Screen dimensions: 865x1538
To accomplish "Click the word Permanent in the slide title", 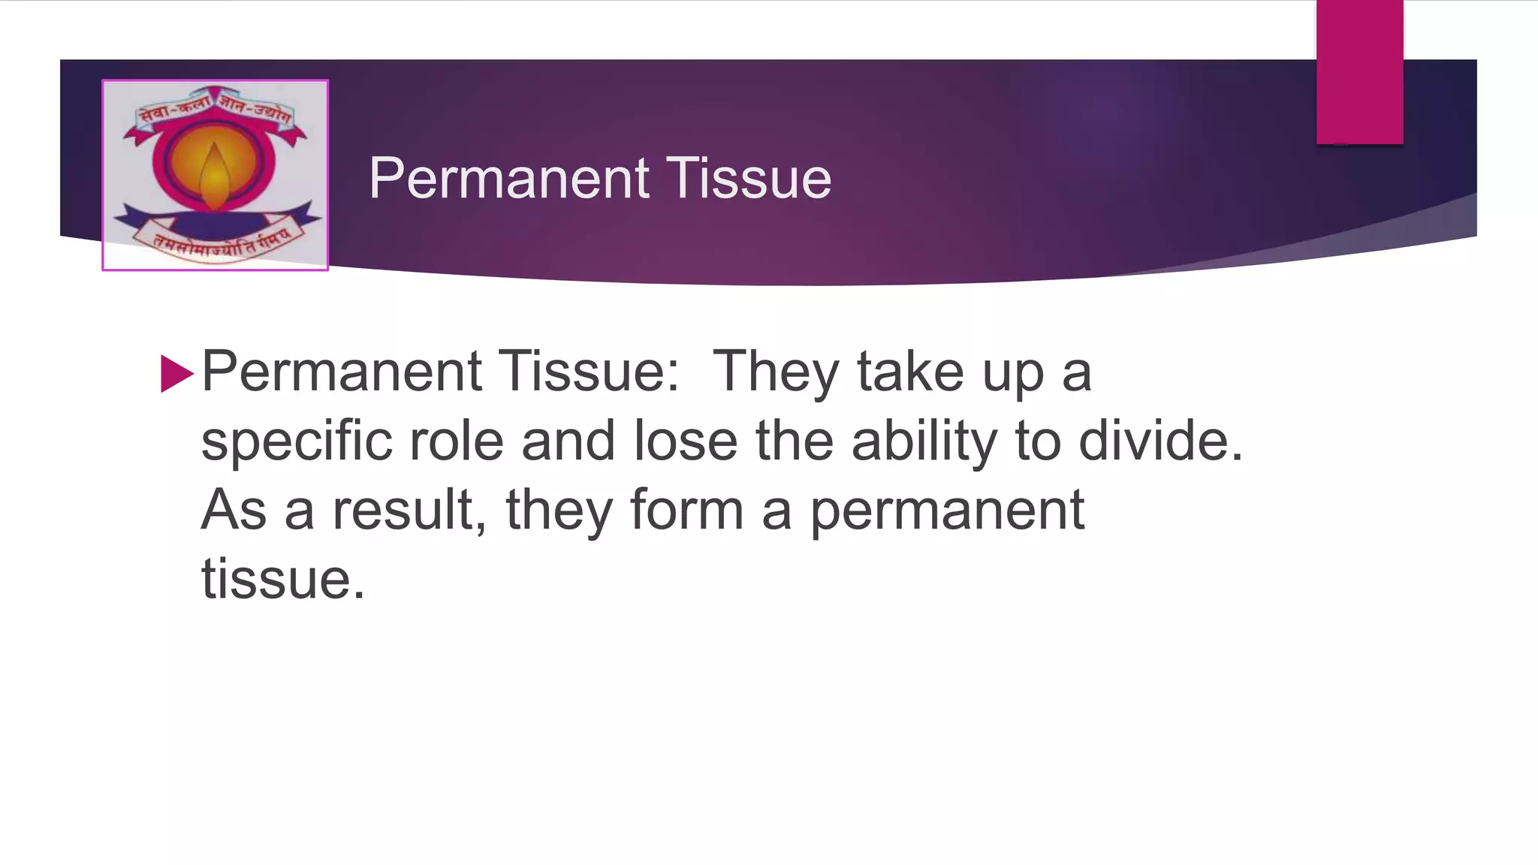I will pyautogui.click(x=508, y=179).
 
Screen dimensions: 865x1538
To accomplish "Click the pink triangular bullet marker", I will pyautogui.click(x=176, y=373).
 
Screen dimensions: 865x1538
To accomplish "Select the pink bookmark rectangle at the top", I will pyautogui.click(x=1359, y=71).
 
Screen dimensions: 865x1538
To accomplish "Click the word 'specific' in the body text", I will pyautogui.click(x=296, y=442).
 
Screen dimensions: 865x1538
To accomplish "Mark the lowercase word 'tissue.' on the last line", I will pyautogui.click(x=282, y=579).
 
